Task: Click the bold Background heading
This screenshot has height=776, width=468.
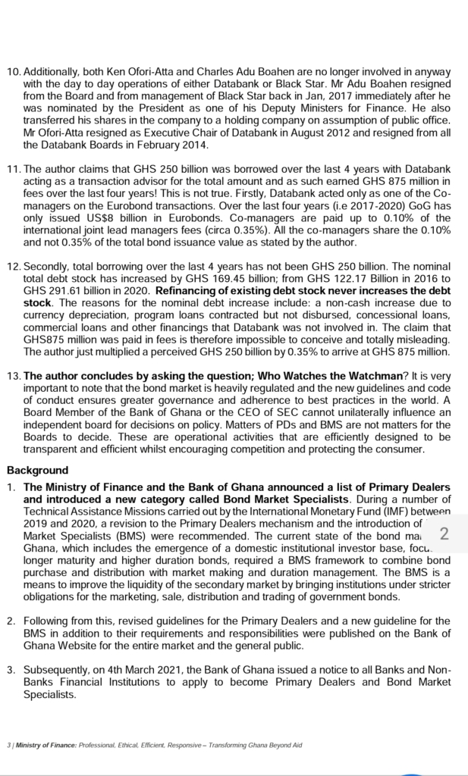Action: coord(37,470)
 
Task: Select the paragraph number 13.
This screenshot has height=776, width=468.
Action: coord(14,376)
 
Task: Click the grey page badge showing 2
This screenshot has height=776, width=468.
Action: coord(444,533)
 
